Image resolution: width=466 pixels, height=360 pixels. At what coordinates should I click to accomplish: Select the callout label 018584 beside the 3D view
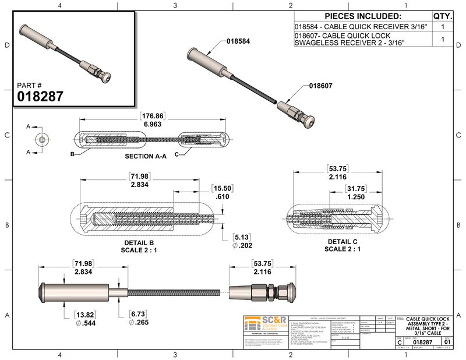pyautogui.click(x=238, y=41)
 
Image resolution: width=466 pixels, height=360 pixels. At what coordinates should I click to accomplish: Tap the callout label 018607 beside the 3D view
pyautogui.click(x=320, y=85)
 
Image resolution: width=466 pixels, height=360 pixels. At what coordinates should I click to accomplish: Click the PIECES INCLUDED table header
pyautogui.click(x=362, y=16)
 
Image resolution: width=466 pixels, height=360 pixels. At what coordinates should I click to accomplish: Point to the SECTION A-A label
pyautogui.click(x=146, y=157)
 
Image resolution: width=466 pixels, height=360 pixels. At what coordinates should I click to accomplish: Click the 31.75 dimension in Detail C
pyautogui.click(x=354, y=188)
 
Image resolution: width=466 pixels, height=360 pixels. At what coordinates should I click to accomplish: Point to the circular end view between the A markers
pyautogui.click(x=43, y=140)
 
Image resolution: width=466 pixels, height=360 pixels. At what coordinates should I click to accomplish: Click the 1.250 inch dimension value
pyautogui.click(x=354, y=197)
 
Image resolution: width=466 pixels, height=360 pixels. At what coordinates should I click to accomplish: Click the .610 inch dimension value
pyautogui.click(x=223, y=198)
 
